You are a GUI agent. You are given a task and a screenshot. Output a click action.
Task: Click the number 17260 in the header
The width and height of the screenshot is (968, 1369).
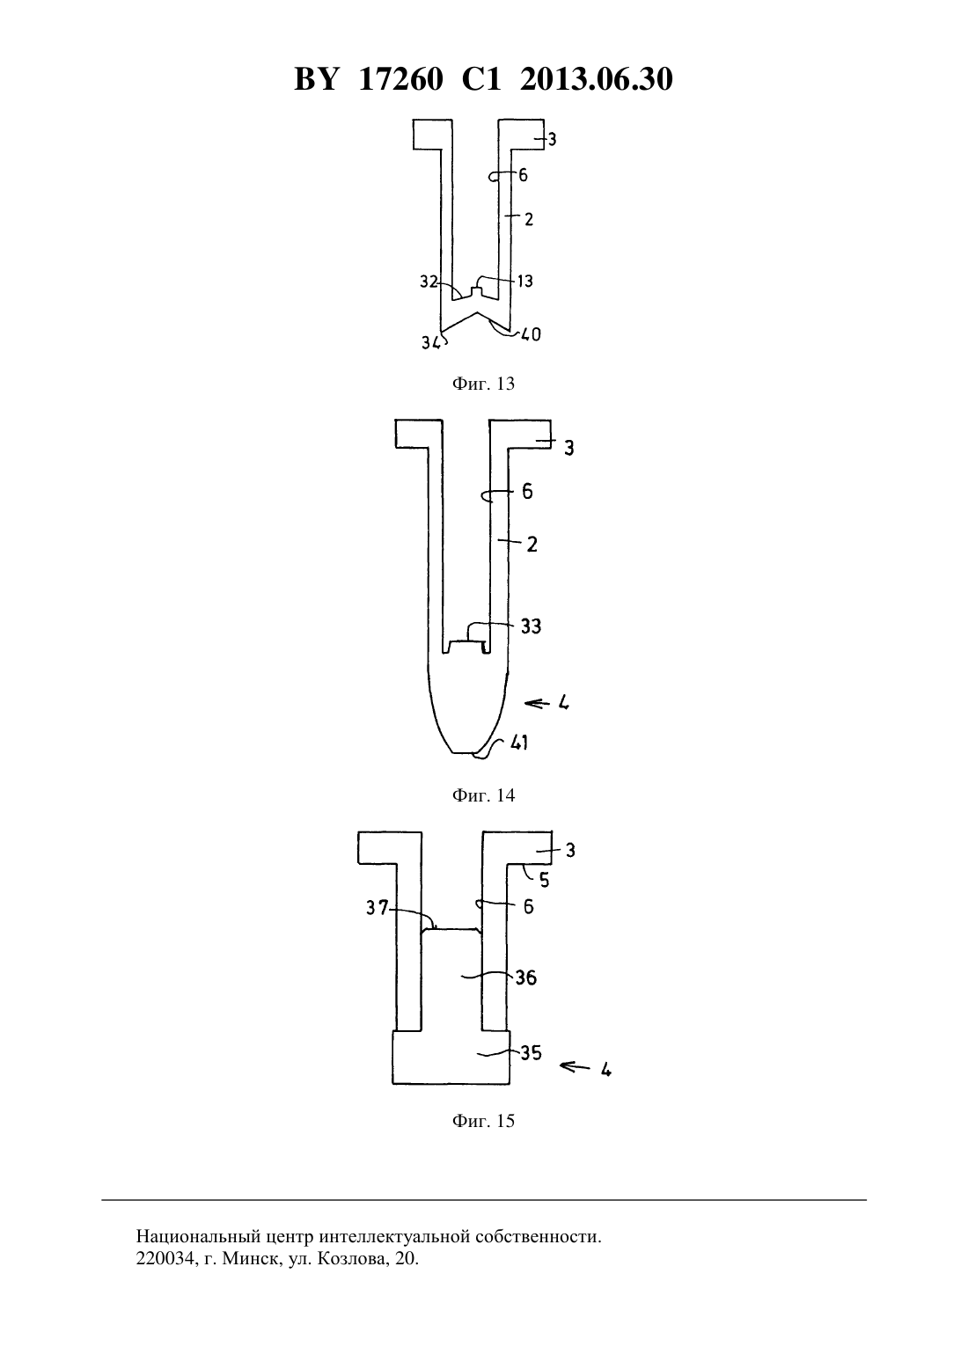[x=400, y=79]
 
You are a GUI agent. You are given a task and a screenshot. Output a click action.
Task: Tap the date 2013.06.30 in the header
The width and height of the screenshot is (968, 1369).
[x=596, y=79]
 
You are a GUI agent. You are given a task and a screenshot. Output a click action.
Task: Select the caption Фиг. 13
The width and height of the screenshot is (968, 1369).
[x=483, y=384]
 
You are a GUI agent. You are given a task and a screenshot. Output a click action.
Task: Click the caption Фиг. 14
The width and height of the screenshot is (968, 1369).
[x=483, y=795]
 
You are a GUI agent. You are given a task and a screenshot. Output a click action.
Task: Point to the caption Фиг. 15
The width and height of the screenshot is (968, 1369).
[x=483, y=1121]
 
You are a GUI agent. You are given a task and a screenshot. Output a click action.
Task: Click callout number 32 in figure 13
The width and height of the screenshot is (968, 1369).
[x=429, y=282]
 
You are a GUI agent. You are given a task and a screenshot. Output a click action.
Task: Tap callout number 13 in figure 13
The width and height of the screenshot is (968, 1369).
[x=525, y=282]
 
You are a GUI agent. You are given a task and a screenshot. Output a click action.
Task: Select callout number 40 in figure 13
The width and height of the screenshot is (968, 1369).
[x=530, y=334]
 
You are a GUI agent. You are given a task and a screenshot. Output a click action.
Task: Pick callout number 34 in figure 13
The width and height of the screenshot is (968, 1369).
[x=431, y=343]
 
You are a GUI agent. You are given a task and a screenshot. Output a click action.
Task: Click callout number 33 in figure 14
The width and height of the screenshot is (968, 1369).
[x=531, y=626]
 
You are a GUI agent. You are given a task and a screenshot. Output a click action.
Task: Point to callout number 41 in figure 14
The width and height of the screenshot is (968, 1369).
[x=519, y=743]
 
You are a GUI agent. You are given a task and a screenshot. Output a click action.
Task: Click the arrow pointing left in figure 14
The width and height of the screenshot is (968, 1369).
[x=537, y=704]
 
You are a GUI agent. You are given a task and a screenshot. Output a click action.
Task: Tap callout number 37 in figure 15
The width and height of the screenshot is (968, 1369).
[x=377, y=908]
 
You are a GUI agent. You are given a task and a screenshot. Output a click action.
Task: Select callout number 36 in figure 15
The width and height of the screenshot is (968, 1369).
[x=525, y=978]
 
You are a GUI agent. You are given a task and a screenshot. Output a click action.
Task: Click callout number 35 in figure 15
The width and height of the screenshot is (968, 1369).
[x=531, y=1053]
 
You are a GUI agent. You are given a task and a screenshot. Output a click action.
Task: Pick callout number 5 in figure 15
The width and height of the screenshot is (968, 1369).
[x=545, y=881]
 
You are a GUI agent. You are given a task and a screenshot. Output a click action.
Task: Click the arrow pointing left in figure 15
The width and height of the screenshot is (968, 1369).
[x=575, y=1066]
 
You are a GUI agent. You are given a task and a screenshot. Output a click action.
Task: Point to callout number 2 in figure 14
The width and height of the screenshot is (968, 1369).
[x=532, y=545]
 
